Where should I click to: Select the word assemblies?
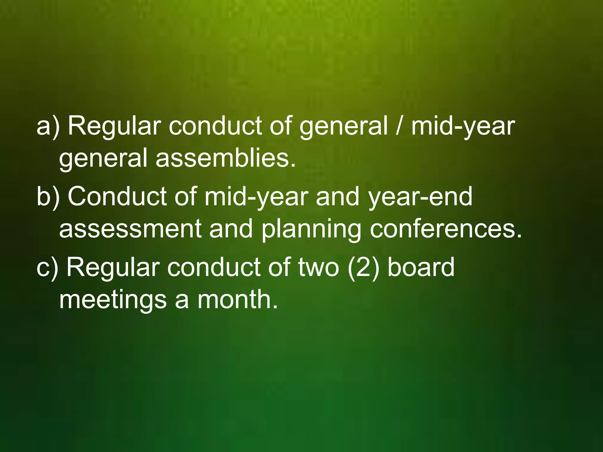click(225, 158)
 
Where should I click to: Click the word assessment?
click(130, 229)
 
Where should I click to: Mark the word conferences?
click(445, 229)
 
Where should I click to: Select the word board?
click(421, 267)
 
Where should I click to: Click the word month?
click(237, 300)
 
